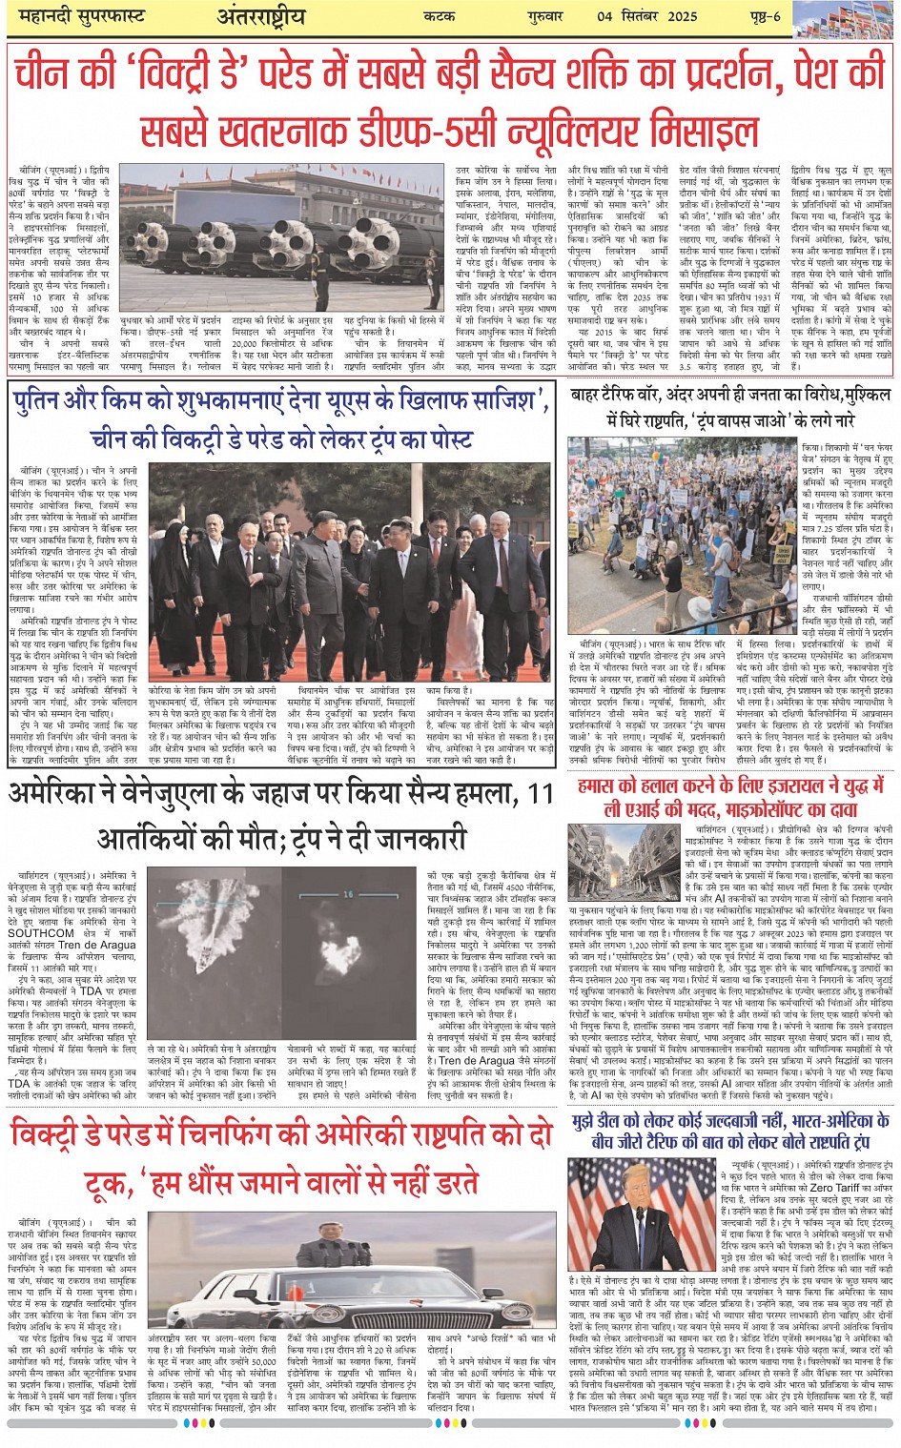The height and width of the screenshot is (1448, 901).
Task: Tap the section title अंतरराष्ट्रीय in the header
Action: point(260,17)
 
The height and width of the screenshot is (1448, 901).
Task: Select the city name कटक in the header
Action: point(441,17)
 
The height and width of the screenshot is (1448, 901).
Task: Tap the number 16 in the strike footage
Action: point(348,894)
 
